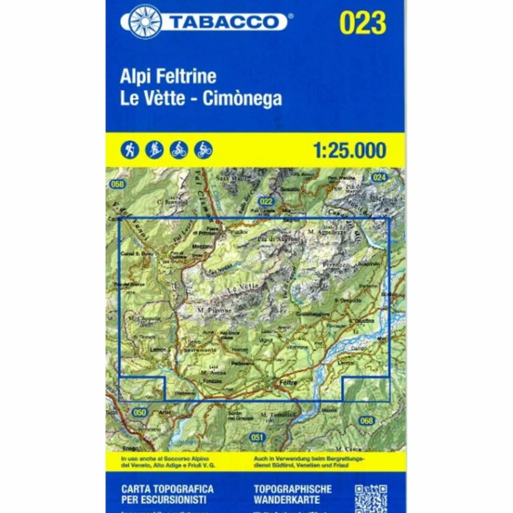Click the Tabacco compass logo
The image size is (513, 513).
(145, 22)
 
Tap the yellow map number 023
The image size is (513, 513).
(363, 23)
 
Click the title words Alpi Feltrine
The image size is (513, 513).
(168, 77)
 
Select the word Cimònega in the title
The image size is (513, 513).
(242, 98)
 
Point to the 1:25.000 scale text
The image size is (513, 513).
(349, 150)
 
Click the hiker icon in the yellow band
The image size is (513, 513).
(131, 150)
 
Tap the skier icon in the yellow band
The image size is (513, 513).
(154, 150)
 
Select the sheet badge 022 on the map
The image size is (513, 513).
(267, 202)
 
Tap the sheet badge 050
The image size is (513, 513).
(140, 412)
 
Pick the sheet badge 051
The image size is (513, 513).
(257, 437)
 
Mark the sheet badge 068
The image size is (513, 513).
(366, 421)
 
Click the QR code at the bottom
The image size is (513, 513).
(371, 498)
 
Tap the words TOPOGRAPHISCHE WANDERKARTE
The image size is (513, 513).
(293, 493)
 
